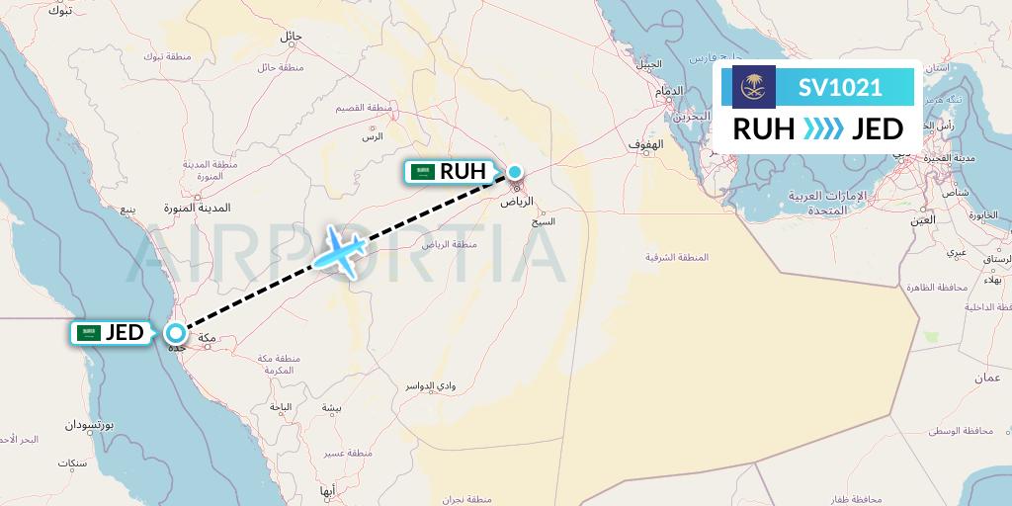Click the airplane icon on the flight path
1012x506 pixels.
tap(341, 250)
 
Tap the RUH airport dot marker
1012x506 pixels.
tap(515, 172)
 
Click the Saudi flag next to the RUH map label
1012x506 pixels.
tap(424, 172)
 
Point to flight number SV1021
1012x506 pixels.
tap(840, 87)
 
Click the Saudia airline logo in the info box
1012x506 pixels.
tap(754, 87)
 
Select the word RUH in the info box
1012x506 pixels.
tap(764, 128)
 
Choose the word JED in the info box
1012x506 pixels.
tap(878, 128)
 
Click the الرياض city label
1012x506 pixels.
tap(518, 201)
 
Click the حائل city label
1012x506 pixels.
tap(291, 36)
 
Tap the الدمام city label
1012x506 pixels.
tap(669, 92)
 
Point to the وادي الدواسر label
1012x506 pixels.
tap(407, 385)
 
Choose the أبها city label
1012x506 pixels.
tap(328, 490)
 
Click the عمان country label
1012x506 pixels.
tap(987, 378)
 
